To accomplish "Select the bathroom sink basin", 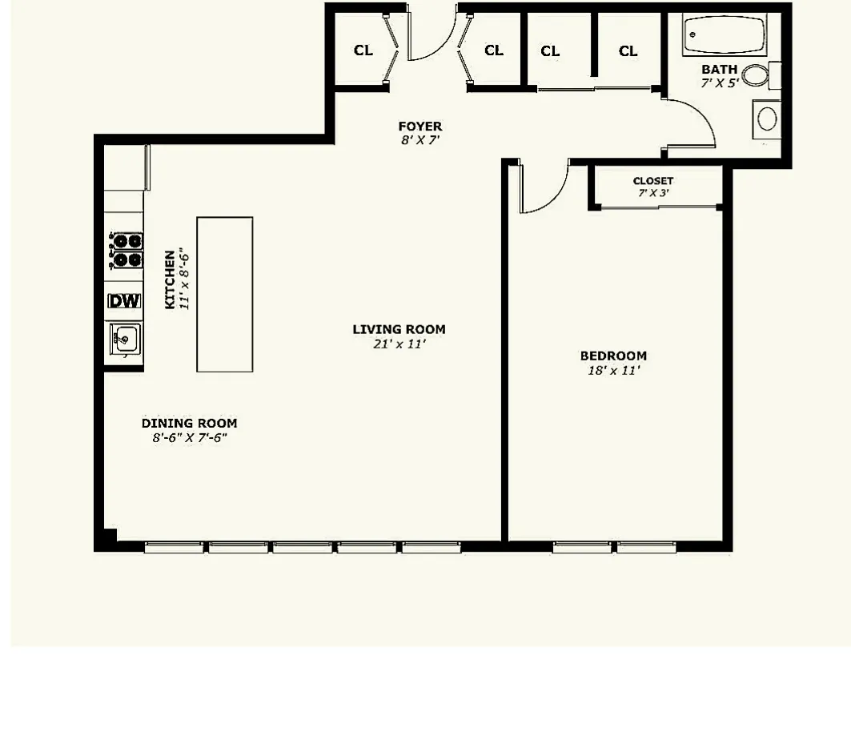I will pyautogui.click(x=767, y=119).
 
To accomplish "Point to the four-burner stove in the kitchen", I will pyautogui.click(x=126, y=250).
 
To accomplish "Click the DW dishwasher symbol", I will pyautogui.click(x=124, y=301).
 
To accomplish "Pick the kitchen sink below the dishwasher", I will pyautogui.click(x=124, y=339).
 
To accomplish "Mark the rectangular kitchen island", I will pyautogui.click(x=225, y=294).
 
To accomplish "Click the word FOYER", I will pyautogui.click(x=419, y=127).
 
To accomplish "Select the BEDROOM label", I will pyautogui.click(x=613, y=356).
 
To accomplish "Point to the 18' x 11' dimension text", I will pyautogui.click(x=614, y=371).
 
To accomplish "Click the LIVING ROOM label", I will pyautogui.click(x=399, y=329).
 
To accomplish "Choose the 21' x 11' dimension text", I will pyautogui.click(x=399, y=344).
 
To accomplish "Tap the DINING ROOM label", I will pyautogui.click(x=189, y=424).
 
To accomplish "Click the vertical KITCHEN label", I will pyautogui.click(x=170, y=280).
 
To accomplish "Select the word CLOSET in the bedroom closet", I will pyautogui.click(x=652, y=181).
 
